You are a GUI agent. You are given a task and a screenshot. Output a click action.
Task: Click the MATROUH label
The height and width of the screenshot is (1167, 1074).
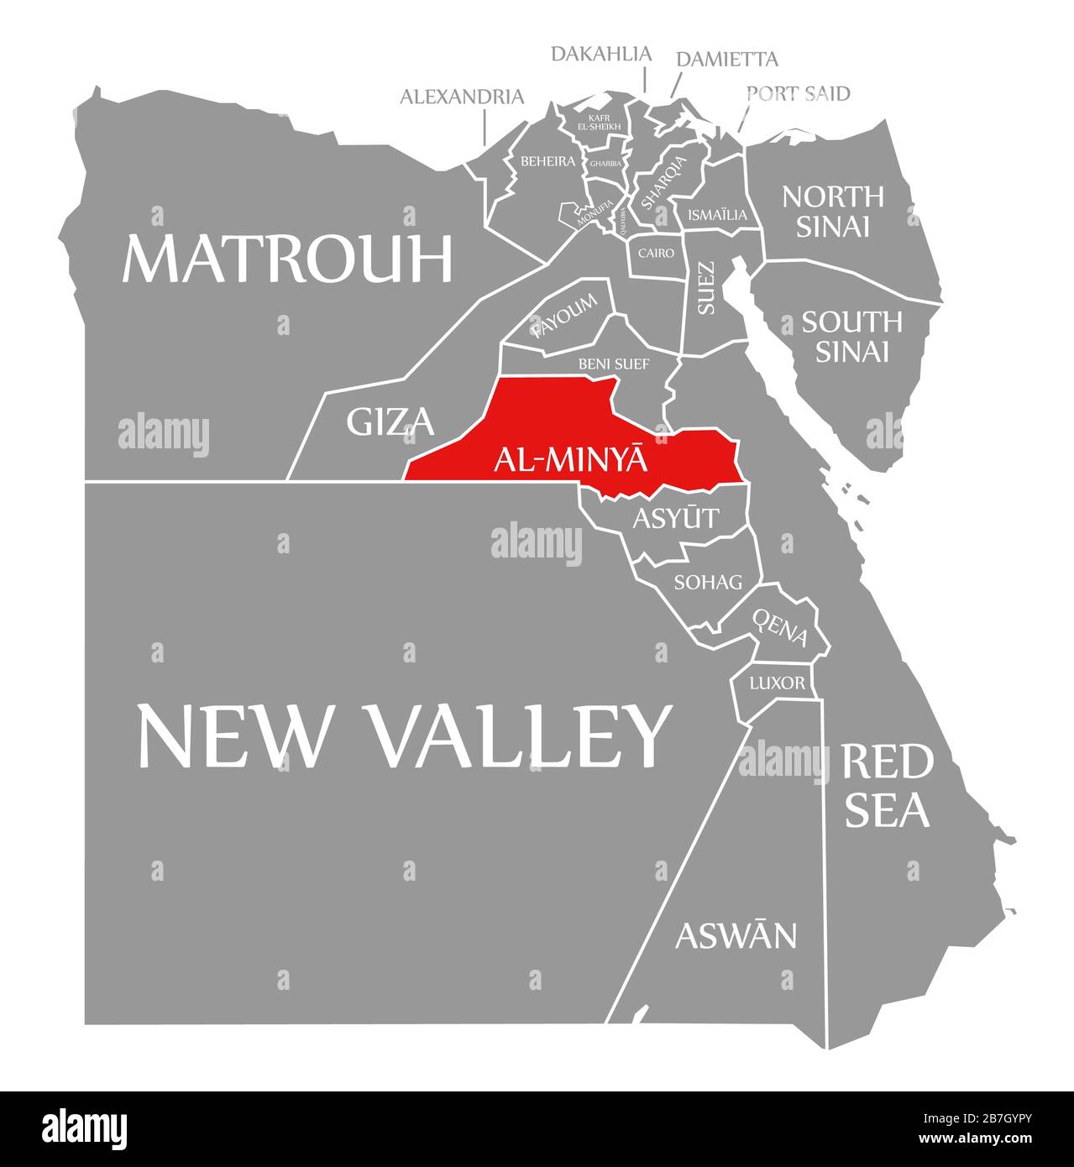click(x=287, y=259)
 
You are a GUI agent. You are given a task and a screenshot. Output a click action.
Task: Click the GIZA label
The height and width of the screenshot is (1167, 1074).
click(x=390, y=421)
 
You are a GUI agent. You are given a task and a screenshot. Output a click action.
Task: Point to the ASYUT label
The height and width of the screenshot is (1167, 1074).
click(x=676, y=518)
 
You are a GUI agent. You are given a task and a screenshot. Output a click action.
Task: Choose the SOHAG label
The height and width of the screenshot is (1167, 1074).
click(x=708, y=581)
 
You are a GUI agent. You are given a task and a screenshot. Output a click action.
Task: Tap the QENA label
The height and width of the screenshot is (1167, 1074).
click(x=780, y=627)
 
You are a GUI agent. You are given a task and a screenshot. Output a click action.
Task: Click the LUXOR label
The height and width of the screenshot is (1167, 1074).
click(x=776, y=683)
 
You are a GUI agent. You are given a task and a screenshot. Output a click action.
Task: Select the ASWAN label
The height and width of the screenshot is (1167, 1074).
click(x=736, y=934)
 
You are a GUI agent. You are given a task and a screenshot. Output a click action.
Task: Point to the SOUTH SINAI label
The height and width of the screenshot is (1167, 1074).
click(x=851, y=336)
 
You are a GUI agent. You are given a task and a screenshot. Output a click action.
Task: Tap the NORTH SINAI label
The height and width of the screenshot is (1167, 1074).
click(x=832, y=211)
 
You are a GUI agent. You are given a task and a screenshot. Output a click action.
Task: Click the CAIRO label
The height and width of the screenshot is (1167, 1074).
click(x=656, y=252)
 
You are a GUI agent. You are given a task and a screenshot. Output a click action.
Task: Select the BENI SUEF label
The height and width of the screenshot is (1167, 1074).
click(x=613, y=364)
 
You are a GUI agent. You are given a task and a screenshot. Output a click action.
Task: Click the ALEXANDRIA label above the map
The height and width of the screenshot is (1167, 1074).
click(x=461, y=97)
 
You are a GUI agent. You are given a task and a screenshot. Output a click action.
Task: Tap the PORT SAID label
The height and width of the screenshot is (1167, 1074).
click(x=798, y=92)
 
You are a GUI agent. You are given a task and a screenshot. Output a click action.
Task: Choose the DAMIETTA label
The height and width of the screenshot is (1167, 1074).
click(x=726, y=59)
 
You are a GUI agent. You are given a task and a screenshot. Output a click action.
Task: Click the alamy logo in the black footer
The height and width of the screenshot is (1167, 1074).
click(x=85, y=1127)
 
